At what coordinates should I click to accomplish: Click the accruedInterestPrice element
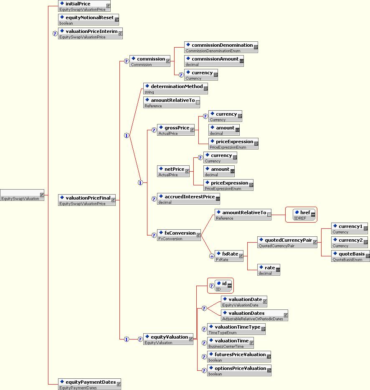(188, 199)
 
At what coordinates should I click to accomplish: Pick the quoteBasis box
(350, 256)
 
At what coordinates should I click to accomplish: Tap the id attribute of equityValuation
(223, 286)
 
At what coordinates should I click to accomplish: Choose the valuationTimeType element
(236, 329)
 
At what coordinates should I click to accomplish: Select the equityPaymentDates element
(89, 384)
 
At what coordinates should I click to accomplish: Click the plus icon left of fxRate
(212, 256)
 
